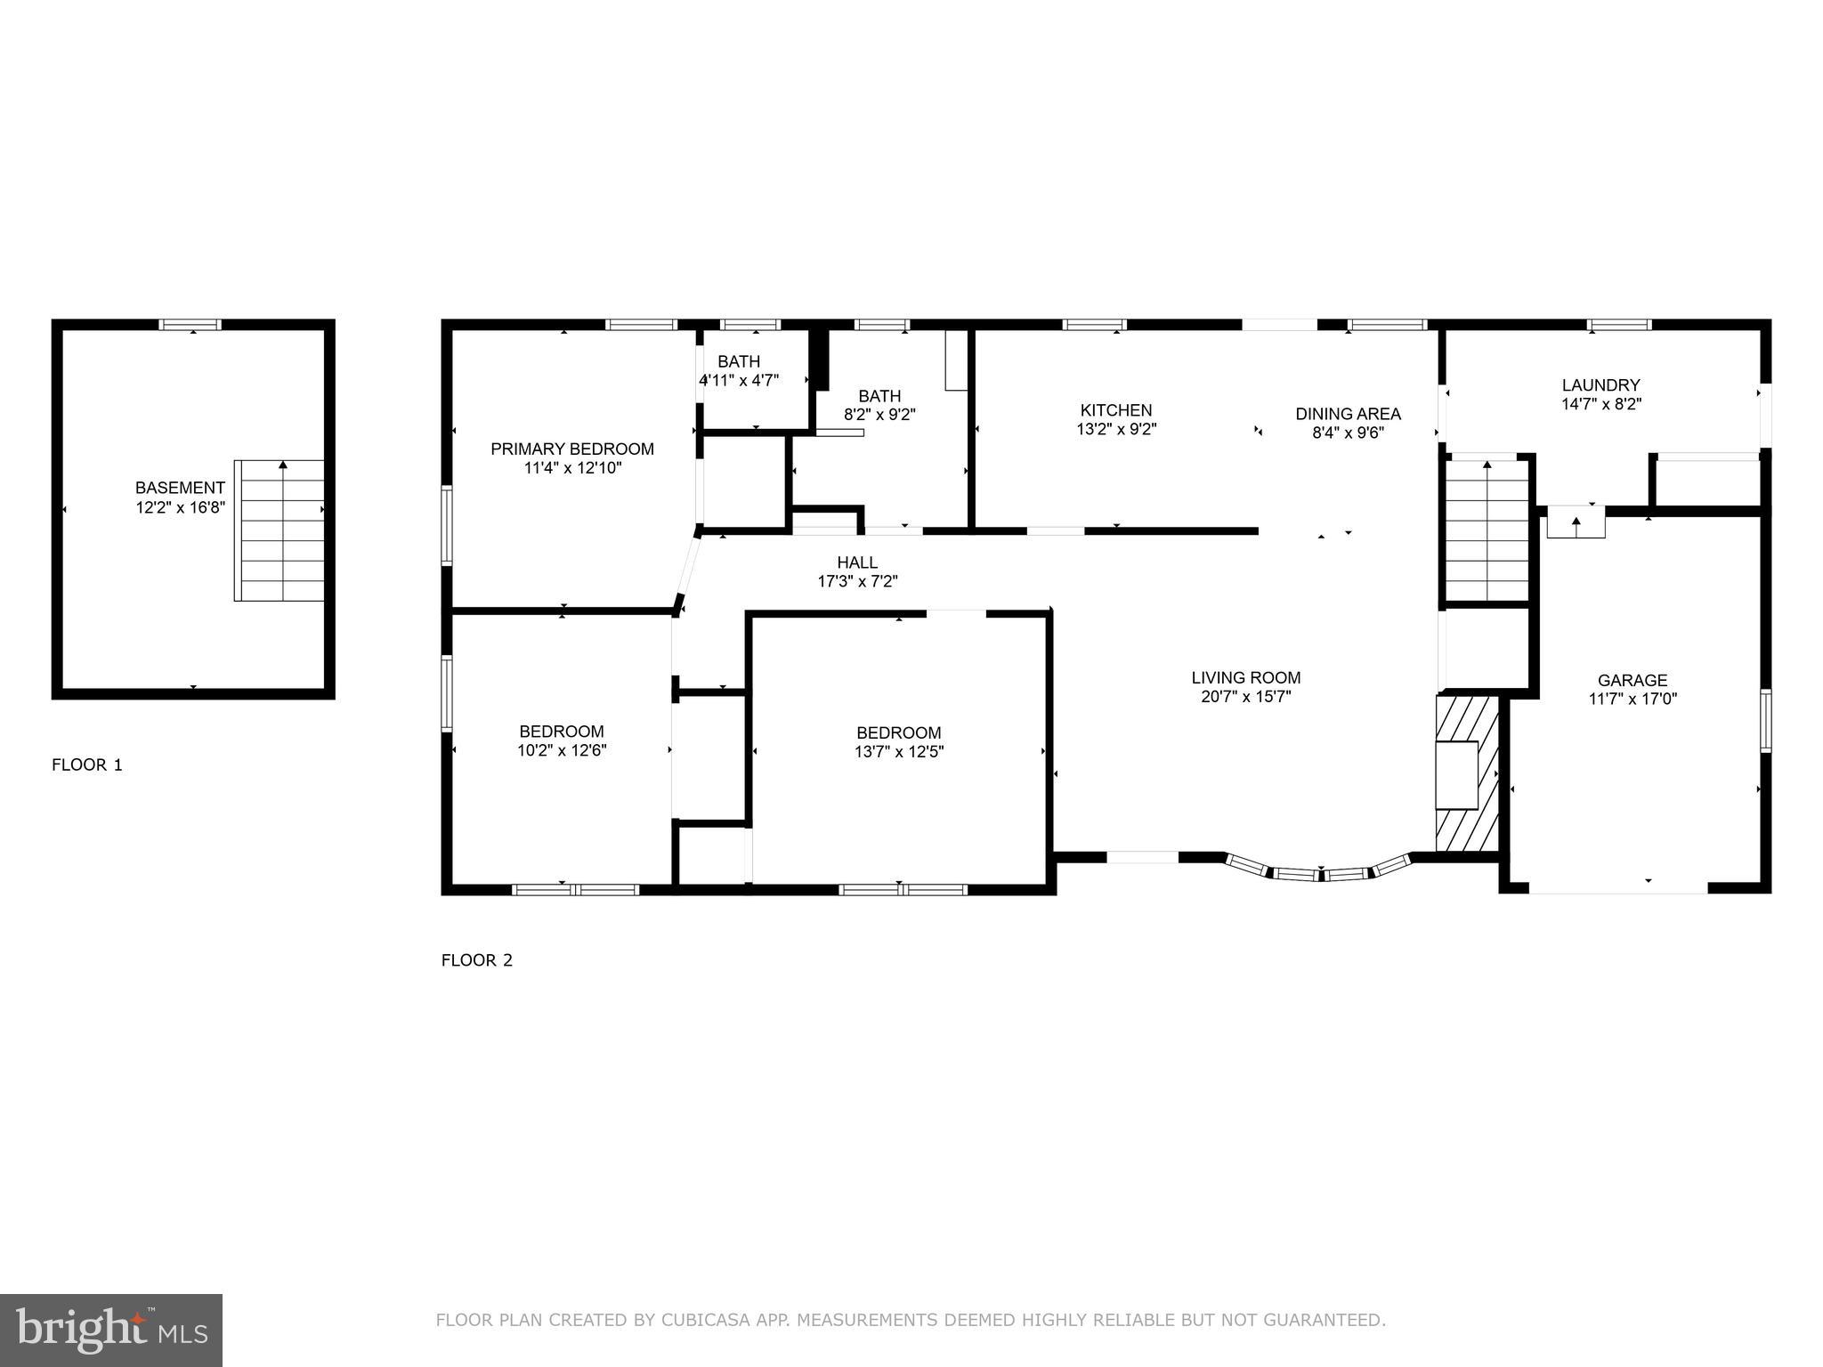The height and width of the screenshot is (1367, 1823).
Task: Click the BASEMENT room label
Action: coord(180,488)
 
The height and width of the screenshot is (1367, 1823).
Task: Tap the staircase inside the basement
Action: coord(280,530)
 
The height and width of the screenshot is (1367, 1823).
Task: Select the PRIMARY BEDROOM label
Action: coord(572,449)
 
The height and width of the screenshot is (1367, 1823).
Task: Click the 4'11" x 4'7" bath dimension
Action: coord(739,380)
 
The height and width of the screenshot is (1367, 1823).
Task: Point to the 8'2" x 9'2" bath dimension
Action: coord(879,415)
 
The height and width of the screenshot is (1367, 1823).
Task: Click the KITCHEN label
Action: coord(1116,410)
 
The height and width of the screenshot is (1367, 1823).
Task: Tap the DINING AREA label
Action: coord(1348,414)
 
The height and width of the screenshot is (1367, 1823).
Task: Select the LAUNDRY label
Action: coord(1600,385)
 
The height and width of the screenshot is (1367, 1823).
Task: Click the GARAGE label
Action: coord(1633,681)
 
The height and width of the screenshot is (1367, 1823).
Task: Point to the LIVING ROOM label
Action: coord(1246,677)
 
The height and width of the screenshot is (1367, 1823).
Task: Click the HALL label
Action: coord(857,562)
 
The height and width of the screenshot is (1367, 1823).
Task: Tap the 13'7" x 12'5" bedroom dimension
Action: coord(899,751)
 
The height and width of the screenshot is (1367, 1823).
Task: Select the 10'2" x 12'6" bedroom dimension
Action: coord(562,750)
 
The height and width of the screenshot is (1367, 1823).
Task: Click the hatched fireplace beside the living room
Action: coord(1466,773)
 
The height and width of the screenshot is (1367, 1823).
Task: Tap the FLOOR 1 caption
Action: coord(87,764)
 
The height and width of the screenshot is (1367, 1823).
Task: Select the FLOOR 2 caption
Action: coord(477,960)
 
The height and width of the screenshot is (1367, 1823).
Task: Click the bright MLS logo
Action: coord(111,1331)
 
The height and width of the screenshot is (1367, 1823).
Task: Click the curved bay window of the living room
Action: coord(1320,872)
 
